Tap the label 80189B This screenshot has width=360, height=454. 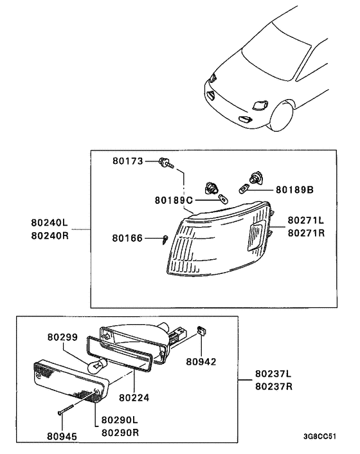pos(294,190)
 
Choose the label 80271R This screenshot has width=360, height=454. pos(306,232)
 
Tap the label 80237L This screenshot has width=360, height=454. pos(273,374)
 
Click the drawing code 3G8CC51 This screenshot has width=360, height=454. pos(319,436)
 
